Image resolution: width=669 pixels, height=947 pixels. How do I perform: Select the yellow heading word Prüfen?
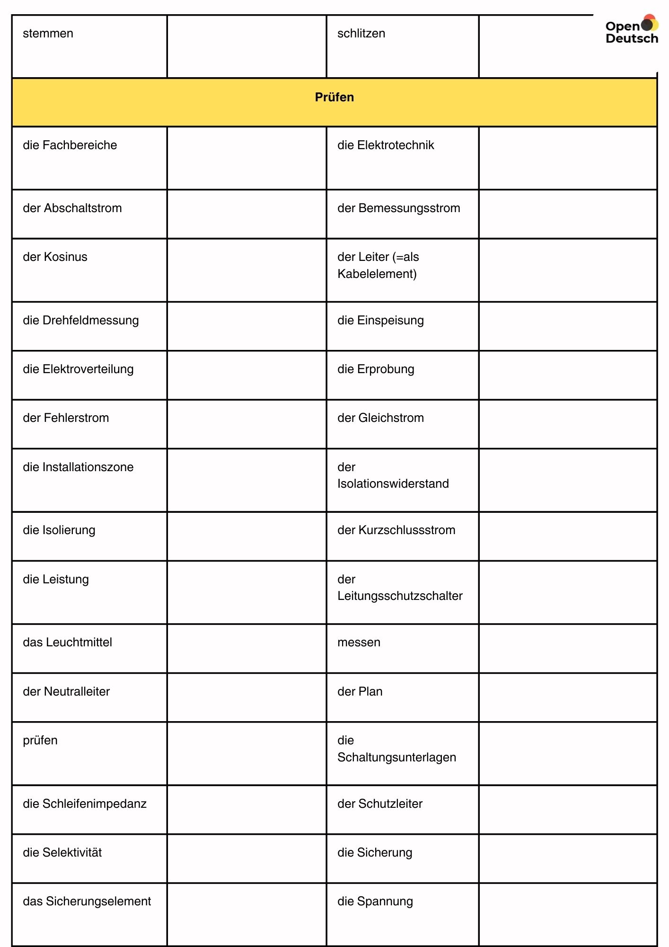coord(334,97)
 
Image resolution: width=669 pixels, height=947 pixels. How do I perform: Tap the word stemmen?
coord(48,34)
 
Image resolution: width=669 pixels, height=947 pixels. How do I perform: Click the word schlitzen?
coord(361,34)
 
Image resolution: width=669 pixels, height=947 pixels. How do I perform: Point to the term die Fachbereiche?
coord(70,145)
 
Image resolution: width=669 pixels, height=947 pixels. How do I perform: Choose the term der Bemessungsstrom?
coord(398,208)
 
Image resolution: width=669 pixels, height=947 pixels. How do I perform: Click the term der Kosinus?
coord(55,257)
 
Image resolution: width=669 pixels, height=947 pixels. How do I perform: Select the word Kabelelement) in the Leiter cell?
coord(377,274)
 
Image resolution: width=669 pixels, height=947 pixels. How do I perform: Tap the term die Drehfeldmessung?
coord(80,321)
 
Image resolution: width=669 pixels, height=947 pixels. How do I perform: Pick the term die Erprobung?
coord(376,369)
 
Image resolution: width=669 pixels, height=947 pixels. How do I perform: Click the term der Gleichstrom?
coord(380,418)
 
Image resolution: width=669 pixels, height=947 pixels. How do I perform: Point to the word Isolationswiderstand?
coord(393,484)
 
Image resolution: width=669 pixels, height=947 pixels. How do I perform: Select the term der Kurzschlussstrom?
coord(396,530)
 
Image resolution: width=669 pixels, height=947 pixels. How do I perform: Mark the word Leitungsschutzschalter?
coord(400,596)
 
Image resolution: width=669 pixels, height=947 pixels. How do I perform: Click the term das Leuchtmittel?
coord(67,643)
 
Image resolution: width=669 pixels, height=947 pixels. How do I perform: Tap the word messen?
coord(359,643)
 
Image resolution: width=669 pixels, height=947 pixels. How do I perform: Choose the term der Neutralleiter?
coord(66,692)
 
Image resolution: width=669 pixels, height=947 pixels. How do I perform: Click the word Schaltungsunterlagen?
coord(396,758)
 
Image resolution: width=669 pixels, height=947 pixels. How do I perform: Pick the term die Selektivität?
coord(62,853)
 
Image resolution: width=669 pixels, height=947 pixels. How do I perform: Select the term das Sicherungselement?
coord(87,902)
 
